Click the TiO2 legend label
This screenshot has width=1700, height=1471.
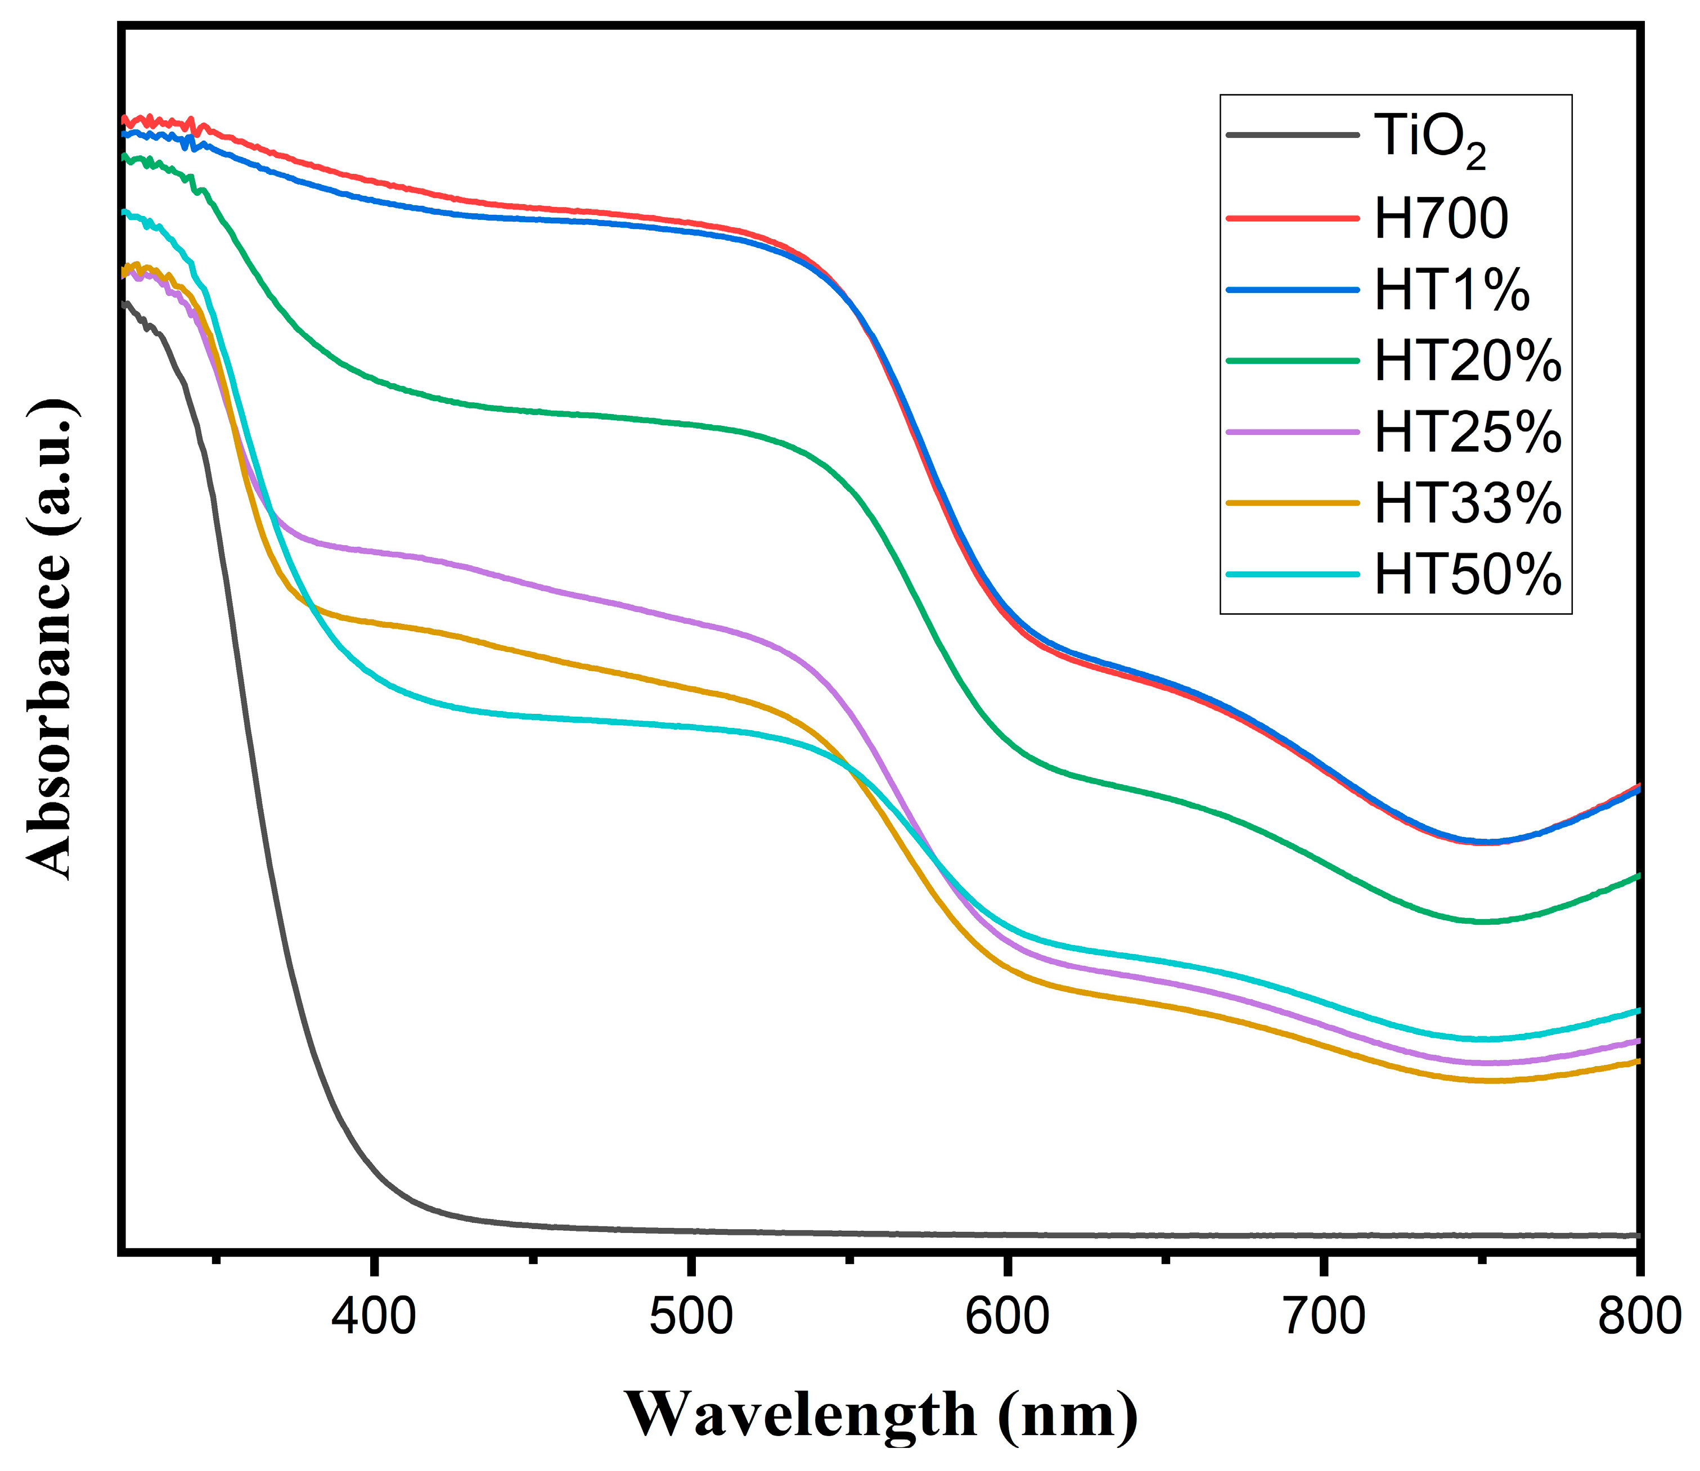tap(1429, 139)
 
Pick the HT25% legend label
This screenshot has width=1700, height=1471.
tap(1467, 433)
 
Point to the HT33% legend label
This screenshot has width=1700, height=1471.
tap(1467, 504)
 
